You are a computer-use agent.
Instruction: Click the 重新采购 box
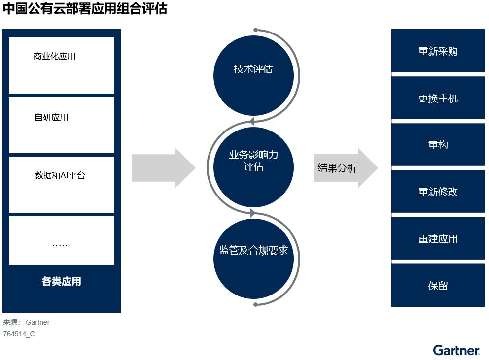click(x=438, y=51)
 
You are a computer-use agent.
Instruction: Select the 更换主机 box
click(x=438, y=98)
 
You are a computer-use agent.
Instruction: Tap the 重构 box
click(x=438, y=145)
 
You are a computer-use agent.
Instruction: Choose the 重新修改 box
click(x=438, y=192)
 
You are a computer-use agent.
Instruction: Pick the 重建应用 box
click(x=438, y=238)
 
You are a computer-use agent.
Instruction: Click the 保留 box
click(x=438, y=285)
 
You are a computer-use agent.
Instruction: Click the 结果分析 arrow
click(x=345, y=168)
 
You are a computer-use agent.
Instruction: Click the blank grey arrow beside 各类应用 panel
click(x=163, y=168)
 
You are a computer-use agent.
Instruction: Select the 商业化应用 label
click(x=54, y=56)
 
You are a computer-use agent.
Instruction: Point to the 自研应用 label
click(x=51, y=117)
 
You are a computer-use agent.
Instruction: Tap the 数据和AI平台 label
click(x=60, y=175)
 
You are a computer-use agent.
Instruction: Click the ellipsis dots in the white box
click(x=62, y=245)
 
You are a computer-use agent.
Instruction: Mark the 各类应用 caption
click(x=62, y=282)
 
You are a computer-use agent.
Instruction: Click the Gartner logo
click(x=456, y=350)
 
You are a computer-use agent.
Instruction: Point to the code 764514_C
click(x=19, y=334)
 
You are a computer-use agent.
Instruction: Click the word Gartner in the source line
click(x=38, y=322)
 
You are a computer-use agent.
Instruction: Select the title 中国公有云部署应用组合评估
click(x=85, y=9)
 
